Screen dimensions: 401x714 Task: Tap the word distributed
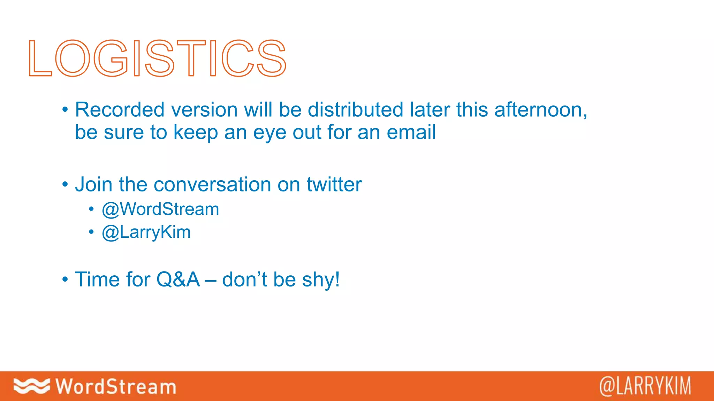[x=355, y=110]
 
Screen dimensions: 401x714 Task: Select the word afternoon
[x=540, y=110]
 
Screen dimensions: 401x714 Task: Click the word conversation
[x=212, y=184]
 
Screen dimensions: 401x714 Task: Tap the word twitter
[x=334, y=184]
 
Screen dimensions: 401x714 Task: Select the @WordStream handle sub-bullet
[x=160, y=210]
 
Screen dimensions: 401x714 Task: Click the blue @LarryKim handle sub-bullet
[x=146, y=233]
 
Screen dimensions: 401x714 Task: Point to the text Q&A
[x=178, y=280]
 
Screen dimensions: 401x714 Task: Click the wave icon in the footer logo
[x=31, y=386]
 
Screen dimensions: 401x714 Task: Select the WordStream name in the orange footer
[x=116, y=386]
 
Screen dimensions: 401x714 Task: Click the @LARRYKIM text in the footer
[x=645, y=386]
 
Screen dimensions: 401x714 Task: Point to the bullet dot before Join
[x=65, y=185]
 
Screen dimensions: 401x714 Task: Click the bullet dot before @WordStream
[x=91, y=210]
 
